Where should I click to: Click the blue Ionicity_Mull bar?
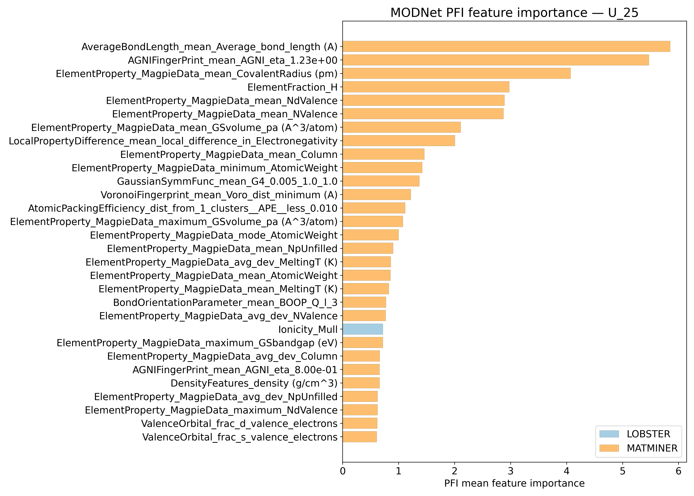tap(363, 329)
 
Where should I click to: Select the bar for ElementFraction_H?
tap(426, 87)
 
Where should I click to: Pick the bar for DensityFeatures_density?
tap(361, 383)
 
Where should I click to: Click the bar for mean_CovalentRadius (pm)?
tap(456, 74)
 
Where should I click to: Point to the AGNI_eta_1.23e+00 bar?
tap(496, 60)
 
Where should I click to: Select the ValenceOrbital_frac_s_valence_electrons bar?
tap(360, 437)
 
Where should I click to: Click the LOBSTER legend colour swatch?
tap(609, 434)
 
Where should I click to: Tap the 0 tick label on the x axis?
tap(343, 471)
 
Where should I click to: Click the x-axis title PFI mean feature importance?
tap(514, 483)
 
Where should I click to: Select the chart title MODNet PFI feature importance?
tap(514, 13)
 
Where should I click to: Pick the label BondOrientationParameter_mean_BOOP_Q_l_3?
tap(225, 302)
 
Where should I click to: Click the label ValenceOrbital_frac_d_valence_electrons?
tap(239, 424)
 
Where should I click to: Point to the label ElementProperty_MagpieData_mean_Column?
tap(229, 155)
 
